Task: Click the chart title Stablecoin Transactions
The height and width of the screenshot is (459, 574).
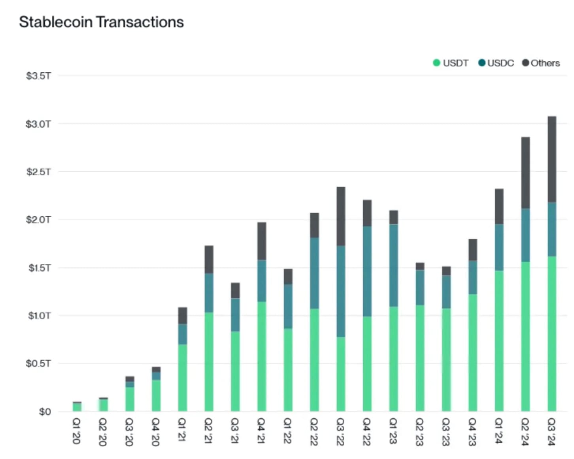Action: pos(101,22)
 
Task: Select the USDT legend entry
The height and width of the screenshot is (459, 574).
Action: pos(451,63)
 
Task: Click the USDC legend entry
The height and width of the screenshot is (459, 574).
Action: pos(496,63)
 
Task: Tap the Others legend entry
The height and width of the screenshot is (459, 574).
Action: pos(541,63)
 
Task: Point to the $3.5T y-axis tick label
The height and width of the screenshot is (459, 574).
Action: pos(38,76)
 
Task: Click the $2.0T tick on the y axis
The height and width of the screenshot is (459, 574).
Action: pos(38,220)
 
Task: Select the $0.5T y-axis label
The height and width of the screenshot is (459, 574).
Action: pos(38,363)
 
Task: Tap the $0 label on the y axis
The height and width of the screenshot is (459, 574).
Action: pos(45,412)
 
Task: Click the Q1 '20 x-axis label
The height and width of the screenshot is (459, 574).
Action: pos(77,431)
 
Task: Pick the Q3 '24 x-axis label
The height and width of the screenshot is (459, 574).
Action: pos(552,432)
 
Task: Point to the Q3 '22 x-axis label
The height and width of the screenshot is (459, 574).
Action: pos(340,432)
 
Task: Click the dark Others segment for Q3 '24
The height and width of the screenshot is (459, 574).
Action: pos(552,159)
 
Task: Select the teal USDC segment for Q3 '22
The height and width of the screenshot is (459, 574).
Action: pos(341,291)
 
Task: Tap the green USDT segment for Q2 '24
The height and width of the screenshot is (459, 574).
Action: pos(525,336)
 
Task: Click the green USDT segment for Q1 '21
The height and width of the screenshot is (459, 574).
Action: pos(182,377)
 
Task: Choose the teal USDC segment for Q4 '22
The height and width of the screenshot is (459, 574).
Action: pos(367,271)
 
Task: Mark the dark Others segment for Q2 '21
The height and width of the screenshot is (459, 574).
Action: pos(209,260)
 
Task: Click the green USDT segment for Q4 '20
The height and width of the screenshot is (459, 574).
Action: pos(156,395)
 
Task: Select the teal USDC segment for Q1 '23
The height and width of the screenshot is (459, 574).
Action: pos(393,265)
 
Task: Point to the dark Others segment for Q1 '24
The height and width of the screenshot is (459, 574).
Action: pos(499,207)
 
